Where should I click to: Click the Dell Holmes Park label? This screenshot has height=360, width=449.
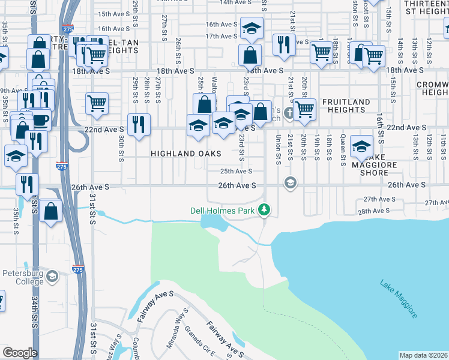tap(223, 211)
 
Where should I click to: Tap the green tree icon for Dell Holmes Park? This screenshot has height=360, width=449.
tap(264, 210)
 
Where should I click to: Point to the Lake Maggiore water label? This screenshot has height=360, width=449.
tap(399, 298)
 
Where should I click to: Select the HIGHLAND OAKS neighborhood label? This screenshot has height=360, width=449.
tap(182, 154)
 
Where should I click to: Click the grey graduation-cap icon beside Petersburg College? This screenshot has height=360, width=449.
tap(52, 276)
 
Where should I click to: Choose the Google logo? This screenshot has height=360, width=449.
tap(20, 353)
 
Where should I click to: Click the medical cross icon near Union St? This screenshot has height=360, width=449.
tap(289, 113)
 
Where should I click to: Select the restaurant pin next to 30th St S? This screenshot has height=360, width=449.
tap(139, 125)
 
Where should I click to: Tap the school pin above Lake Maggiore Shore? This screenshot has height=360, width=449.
tap(361, 146)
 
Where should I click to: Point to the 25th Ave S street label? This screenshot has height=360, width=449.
tap(234, 171)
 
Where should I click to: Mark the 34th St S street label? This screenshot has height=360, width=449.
tap(35, 308)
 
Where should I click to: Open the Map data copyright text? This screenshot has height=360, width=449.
tap(423, 355)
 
